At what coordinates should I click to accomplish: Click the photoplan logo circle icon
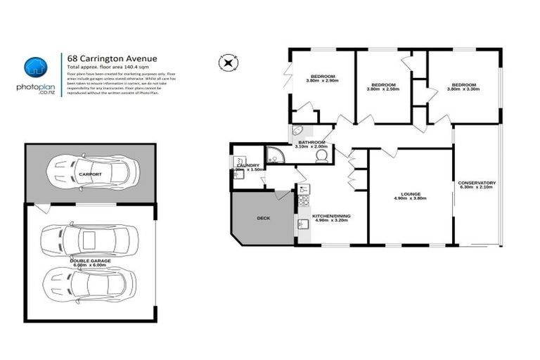[x=35, y=67]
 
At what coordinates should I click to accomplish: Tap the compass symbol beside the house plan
[x=228, y=63]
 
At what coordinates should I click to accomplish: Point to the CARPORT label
[x=91, y=174]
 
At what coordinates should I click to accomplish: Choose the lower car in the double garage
[x=88, y=283]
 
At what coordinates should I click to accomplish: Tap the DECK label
[x=264, y=218]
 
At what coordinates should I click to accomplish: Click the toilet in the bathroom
[x=322, y=156]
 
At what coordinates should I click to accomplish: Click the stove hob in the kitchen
[x=304, y=189]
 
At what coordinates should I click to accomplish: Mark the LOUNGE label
[x=411, y=194]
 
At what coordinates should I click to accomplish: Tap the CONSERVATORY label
[x=477, y=183]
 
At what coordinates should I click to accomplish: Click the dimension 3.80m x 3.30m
[x=465, y=89]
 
